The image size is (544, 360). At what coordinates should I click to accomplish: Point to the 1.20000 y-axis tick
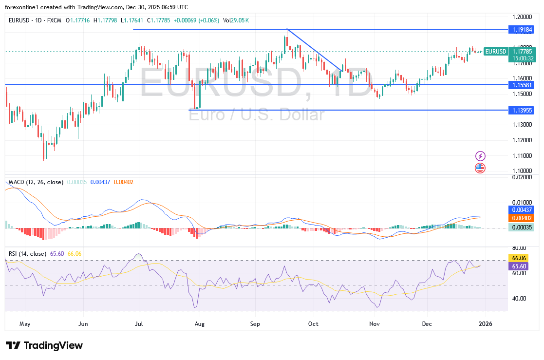click(x=521, y=16)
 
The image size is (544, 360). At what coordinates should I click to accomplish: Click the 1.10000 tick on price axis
click(x=521, y=171)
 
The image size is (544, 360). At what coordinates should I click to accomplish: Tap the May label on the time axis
click(x=25, y=323)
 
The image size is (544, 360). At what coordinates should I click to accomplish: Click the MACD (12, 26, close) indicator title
click(x=36, y=182)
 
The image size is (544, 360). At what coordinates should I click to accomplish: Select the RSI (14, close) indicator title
click(x=27, y=254)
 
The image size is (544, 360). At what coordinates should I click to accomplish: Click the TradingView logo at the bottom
click(x=44, y=345)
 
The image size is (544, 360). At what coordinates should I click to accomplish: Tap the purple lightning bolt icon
click(x=481, y=156)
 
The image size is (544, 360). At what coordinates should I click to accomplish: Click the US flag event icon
click(x=481, y=168)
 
